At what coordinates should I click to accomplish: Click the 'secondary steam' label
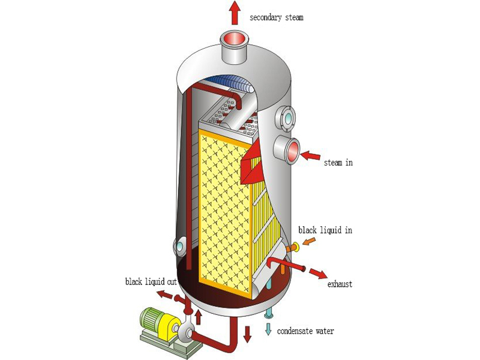coord(277,17)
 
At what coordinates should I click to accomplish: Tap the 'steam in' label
coord(338,163)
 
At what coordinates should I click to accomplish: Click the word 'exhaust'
coord(339,284)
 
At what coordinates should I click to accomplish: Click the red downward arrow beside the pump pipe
coord(247,334)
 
